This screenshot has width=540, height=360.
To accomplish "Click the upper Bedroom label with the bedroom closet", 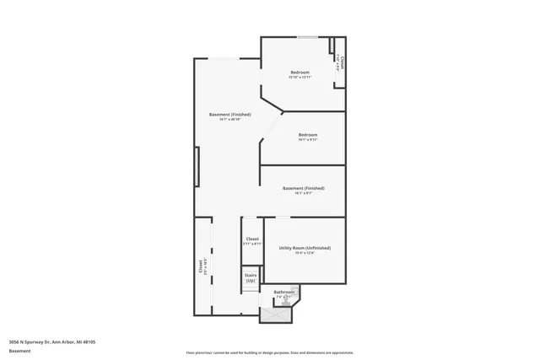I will point(300,73).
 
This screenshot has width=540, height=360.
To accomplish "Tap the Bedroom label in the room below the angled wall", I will point(307,135).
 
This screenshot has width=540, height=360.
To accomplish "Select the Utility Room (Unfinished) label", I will point(304,248).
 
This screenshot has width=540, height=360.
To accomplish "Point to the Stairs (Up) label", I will point(251,277).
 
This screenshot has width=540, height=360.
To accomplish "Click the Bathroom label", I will point(283,292).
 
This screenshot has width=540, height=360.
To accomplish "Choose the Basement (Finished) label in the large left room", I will point(229,115).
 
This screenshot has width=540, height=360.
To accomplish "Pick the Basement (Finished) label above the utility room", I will point(303,188).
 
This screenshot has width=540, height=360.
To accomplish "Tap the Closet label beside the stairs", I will point(252,239).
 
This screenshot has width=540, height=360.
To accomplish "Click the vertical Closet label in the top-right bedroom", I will point(343,62).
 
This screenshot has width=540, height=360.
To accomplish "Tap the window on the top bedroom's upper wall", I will point(307,37).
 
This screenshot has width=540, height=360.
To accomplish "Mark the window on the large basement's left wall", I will point(197,166).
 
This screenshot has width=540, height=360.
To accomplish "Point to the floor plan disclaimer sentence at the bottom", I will point(270,352).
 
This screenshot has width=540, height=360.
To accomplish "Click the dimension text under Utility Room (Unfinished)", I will point(304,253).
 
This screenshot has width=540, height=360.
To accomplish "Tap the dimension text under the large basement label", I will point(229,120).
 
